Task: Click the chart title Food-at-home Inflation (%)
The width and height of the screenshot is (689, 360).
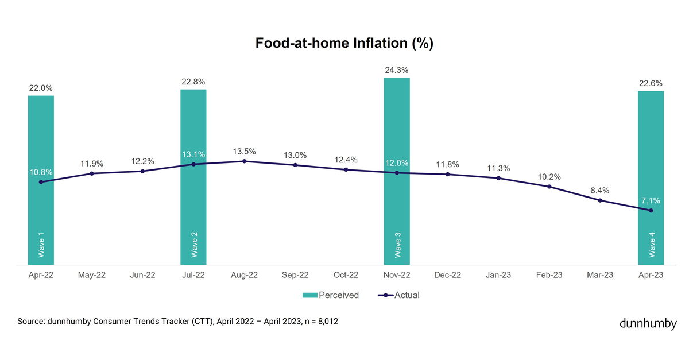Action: pos(344,44)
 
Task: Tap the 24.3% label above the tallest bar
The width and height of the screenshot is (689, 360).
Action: pos(397,71)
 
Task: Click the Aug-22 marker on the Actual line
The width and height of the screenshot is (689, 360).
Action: pos(244,161)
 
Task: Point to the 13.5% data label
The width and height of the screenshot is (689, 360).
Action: pos(244,152)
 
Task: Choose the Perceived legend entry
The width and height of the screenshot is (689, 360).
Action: pos(331,295)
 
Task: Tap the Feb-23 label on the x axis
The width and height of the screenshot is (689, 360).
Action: pos(549,276)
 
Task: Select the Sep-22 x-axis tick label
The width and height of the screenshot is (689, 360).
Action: pos(295,276)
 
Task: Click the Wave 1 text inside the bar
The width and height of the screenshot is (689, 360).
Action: pos(41,245)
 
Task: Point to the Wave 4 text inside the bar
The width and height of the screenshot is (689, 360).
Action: pos(651,245)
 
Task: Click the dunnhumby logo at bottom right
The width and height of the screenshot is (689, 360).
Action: pos(648,324)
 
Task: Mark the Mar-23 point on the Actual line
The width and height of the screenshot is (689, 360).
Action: pos(600,200)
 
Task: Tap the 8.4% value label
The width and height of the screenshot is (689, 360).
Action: pos(600,191)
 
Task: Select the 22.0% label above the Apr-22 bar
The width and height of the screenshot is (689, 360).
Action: pos(41,88)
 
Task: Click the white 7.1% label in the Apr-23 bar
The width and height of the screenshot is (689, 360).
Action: pos(651,201)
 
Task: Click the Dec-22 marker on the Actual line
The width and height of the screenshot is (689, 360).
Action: pos(447,174)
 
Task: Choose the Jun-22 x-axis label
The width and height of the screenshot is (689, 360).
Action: pos(142,276)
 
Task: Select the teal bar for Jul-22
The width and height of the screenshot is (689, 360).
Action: pos(193,218)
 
